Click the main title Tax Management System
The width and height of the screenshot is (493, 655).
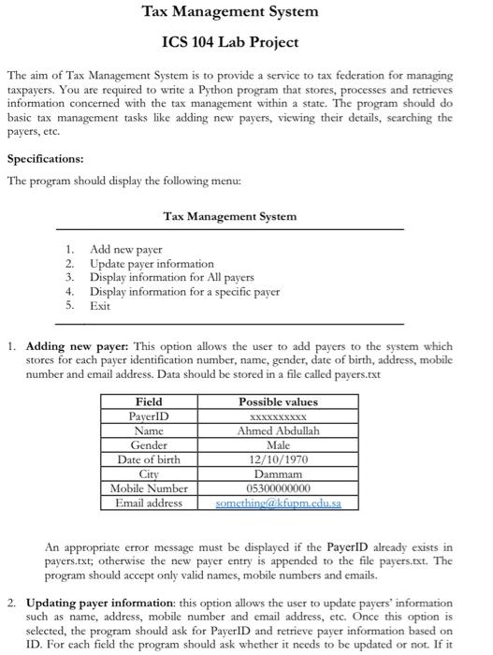tap(229, 12)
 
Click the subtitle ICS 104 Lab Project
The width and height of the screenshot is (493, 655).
tap(230, 42)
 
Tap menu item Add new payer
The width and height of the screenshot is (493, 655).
tap(125, 250)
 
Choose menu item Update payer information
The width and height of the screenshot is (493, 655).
tap(152, 264)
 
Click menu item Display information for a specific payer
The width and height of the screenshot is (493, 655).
tap(184, 292)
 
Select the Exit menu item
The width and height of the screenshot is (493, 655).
tap(100, 306)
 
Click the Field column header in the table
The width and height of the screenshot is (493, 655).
tap(149, 401)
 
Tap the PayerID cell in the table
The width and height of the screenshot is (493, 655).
tap(149, 415)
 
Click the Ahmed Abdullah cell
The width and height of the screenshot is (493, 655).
tap(279, 430)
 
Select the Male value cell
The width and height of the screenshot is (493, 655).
tap(279, 445)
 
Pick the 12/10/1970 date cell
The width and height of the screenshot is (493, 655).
tap(279, 459)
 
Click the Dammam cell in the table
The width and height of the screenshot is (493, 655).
tap(279, 474)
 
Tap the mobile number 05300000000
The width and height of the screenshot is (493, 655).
tap(279, 488)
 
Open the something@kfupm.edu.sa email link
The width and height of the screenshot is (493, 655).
tap(279, 503)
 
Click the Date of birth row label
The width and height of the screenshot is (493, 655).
tap(149, 459)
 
